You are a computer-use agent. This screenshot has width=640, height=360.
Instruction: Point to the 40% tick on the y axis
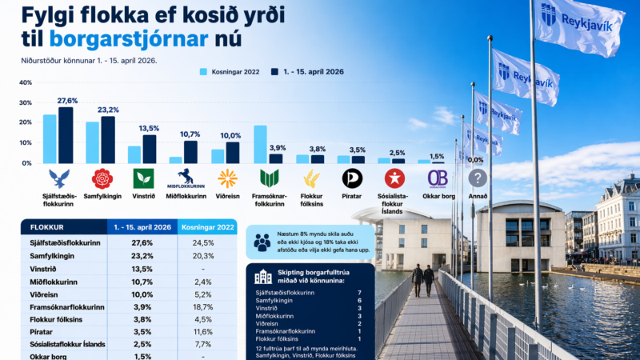click(x=25, y=82)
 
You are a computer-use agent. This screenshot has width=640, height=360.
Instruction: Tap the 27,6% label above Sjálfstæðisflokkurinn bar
click(x=66, y=100)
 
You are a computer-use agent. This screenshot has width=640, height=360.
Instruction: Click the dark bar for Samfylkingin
click(x=108, y=139)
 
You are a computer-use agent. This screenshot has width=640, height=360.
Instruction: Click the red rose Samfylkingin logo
click(x=102, y=178)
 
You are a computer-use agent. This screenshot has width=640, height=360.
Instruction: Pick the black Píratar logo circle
click(x=352, y=178)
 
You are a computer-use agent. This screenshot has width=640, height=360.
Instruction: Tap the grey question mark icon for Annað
click(x=478, y=178)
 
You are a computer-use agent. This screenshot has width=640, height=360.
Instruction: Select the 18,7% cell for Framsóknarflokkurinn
click(x=206, y=307)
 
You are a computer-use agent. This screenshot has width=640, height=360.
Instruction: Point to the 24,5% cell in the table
click(x=206, y=242)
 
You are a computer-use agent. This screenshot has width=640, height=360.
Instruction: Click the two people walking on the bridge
click(x=422, y=280)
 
